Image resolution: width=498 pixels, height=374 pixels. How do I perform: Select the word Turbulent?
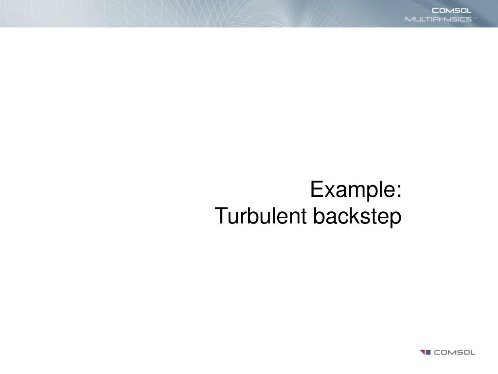(x=261, y=216)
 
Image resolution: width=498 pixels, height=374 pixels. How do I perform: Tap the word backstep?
(x=357, y=216)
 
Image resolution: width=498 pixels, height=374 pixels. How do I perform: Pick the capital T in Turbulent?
(x=220, y=216)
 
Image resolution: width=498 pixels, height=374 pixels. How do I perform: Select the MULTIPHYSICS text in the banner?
(x=438, y=19)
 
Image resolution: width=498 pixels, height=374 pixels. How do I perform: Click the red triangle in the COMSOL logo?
(x=422, y=352)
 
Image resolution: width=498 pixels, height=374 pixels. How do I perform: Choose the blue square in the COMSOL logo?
(x=428, y=352)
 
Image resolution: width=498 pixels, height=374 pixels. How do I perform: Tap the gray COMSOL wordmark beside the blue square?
(x=454, y=352)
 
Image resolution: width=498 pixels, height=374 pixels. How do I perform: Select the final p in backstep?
(x=396, y=218)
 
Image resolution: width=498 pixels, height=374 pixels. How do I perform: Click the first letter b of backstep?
(x=319, y=216)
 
